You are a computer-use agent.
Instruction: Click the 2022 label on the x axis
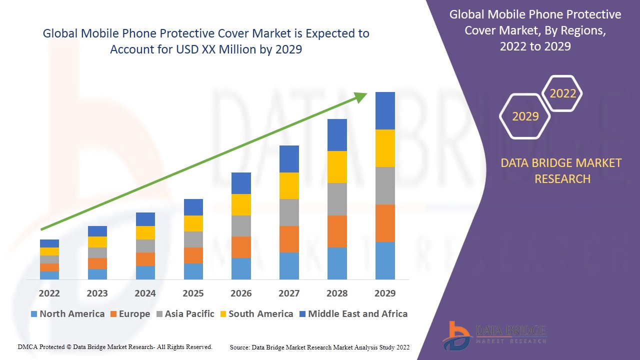pyautogui.click(x=49, y=293)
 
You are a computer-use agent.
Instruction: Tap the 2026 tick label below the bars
pyautogui.click(x=241, y=293)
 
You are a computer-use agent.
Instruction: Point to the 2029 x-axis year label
pyautogui.click(x=385, y=293)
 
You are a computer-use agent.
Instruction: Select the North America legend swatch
pyautogui.click(x=34, y=314)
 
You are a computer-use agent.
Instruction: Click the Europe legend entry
pyautogui.click(x=129, y=314)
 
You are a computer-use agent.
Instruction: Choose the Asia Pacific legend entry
pyautogui.click(x=185, y=314)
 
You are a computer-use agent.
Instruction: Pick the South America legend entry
pyautogui.click(x=256, y=314)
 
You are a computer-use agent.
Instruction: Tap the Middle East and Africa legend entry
pyautogui.click(x=353, y=314)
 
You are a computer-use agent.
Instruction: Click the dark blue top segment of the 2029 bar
pyautogui.click(x=385, y=110)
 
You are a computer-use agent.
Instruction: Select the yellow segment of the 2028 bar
pyautogui.click(x=337, y=166)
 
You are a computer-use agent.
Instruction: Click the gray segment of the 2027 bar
pyautogui.click(x=289, y=212)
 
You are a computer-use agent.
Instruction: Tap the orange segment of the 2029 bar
pyautogui.click(x=385, y=223)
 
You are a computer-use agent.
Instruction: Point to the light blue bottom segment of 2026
pyautogui.click(x=241, y=268)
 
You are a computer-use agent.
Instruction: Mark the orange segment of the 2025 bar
pyautogui.click(x=193, y=255)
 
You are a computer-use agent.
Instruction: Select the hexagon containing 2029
pyautogui.click(x=525, y=116)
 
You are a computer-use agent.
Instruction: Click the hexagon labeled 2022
pyautogui.click(x=562, y=93)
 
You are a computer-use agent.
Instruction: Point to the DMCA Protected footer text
pyautogui.click(x=115, y=346)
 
